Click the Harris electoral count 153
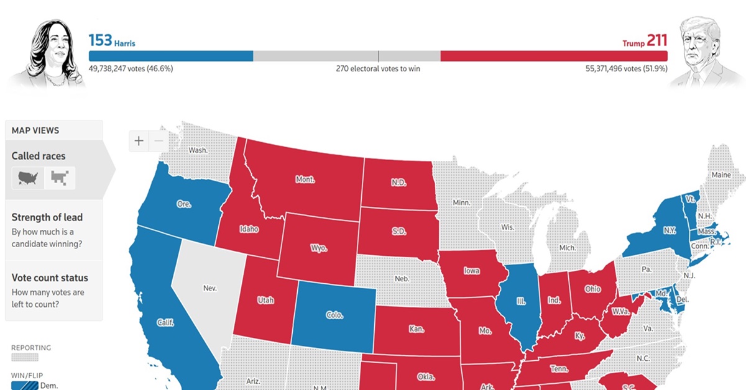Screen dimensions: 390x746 pos(100,41)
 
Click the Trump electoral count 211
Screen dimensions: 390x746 pos(656,41)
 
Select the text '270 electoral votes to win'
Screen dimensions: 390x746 pos(378,68)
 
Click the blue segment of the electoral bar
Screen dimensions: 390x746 pos(171,56)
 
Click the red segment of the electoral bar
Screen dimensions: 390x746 pos(553,56)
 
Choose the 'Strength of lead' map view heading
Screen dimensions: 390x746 pos(47,217)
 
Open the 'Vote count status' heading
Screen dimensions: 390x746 pos(50,278)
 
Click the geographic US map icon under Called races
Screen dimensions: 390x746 pos(28,178)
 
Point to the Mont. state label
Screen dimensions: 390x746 pos(305,179)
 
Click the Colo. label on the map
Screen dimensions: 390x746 pos(334,315)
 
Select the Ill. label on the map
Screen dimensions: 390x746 pos(520,301)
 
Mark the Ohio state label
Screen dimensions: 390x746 pos(592,289)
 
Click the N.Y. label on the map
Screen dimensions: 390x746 pos(669,230)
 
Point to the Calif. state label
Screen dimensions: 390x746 pos(165,322)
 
